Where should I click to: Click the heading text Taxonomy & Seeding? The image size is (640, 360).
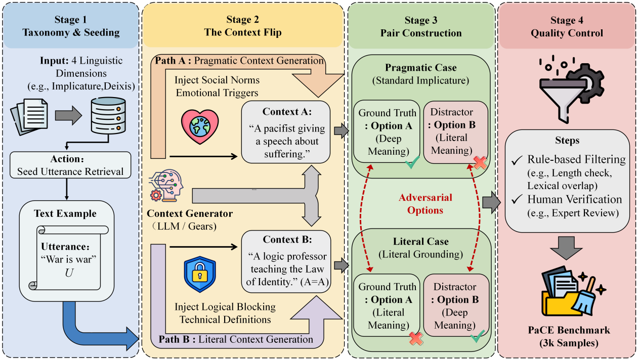pyautogui.click(x=71, y=33)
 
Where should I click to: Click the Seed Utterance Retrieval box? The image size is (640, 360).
pyautogui.click(x=70, y=165)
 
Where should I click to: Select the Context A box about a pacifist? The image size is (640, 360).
pyautogui.click(x=286, y=132)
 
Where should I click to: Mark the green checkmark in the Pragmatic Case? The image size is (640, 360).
pyautogui.click(x=412, y=163)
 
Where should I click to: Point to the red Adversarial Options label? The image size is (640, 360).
pyautogui.click(x=425, y=203)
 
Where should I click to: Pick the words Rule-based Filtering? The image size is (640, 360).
pyautogui.click(x=576, y=160)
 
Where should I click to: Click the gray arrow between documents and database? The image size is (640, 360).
pyautogui.click(x=68, y=115)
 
